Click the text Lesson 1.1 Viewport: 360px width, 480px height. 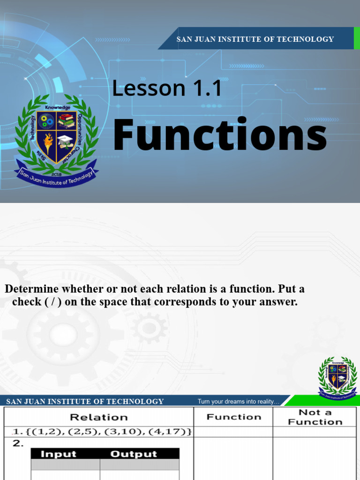166,88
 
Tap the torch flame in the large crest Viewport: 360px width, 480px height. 48,141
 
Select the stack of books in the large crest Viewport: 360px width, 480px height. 66,120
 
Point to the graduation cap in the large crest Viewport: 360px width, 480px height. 66,140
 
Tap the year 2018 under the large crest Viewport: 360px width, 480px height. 56,173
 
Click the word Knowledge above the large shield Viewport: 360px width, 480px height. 56,107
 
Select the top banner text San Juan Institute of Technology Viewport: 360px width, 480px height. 255,39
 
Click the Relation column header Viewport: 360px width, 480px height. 98,417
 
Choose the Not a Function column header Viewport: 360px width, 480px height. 315,417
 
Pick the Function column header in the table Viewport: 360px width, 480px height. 233,417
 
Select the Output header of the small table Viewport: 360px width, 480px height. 134,454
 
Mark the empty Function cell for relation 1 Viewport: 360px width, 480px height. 233,432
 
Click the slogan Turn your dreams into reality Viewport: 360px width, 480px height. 238,401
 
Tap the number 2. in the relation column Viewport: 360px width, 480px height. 18,443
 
